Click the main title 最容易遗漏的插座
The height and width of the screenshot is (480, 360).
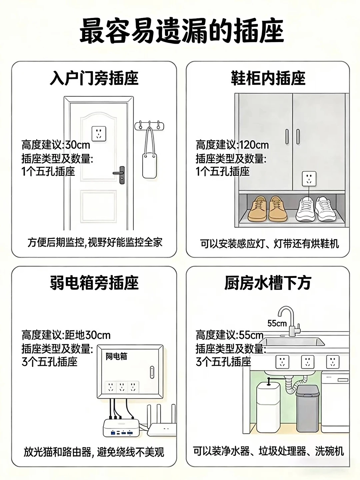(181, 31)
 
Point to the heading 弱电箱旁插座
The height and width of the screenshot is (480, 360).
(94, 283)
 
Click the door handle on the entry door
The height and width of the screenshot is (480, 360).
(120, 174)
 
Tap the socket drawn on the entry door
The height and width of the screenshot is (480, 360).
(99, 133)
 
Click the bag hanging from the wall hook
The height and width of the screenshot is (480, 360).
(150, 153)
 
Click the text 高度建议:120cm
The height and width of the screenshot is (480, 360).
(232, 145)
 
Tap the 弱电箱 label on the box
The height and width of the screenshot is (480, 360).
(116, 356)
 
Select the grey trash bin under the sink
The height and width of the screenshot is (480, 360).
(308, 409)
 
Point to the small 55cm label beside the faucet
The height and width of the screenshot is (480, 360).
(277, 323)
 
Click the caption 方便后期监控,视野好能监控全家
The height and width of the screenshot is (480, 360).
(95, 243)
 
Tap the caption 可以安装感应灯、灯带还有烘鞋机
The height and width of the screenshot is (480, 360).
(269, 244)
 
